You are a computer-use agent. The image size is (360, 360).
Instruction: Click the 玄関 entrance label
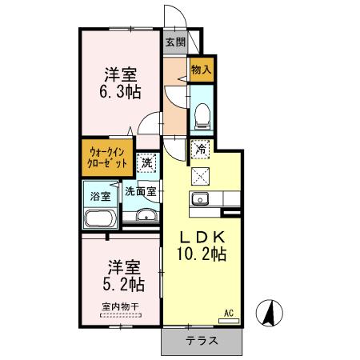(176, 42)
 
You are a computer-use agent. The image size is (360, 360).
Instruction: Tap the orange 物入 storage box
(202, 70)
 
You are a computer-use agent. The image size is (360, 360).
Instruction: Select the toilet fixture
(202, 112)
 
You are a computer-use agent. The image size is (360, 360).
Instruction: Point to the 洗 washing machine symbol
(146, 162)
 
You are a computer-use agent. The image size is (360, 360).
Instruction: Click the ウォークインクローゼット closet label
(107, 157)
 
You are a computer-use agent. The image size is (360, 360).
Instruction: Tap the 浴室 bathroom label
(100, 195)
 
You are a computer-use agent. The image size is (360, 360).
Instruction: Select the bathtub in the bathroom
(100, 218)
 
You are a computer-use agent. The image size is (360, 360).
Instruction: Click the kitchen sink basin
(201, 199)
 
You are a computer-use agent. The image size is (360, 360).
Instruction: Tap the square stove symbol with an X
(201, 176)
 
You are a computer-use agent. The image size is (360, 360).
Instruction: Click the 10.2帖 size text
(201, 254)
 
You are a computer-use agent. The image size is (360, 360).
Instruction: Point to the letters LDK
(202, 237)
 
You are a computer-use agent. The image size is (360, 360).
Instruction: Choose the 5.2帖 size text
(122, 283)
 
